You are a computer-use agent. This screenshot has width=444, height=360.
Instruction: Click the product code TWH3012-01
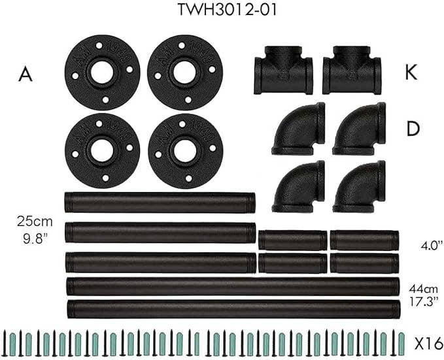pyautogui.click(x=227, y=10)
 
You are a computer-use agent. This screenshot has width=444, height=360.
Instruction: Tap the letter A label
pyautogui.click(x=26, y=74)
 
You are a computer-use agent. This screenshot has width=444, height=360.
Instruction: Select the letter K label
pyautogui.click(x=411, y=73)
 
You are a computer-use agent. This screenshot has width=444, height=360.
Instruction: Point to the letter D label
pyautogui.click(x=413, y=129)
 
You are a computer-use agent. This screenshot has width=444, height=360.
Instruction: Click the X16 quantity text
pyautogui.click(x=428, y=343)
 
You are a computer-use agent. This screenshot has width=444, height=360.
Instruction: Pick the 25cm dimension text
pyautogui.click(x=35, y=221)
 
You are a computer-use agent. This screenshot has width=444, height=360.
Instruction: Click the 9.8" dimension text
pyautogui.click(x=35, y=239)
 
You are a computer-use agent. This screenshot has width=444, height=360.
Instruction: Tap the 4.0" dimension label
pyautogui.click(x=432, y=245)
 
